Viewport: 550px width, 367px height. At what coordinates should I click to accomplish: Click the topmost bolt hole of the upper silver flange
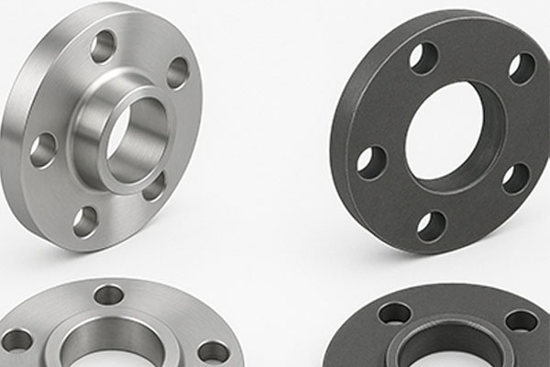click(x=104, y=46)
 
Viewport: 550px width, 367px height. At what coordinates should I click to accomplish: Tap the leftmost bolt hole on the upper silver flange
click(x=43, y=150)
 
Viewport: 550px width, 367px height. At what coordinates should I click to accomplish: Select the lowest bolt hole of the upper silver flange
click(x=85, y=220)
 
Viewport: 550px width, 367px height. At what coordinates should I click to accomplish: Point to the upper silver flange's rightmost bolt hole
click(x=178, y=72)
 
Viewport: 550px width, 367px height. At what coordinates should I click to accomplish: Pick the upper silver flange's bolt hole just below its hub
click(x=154, y=186)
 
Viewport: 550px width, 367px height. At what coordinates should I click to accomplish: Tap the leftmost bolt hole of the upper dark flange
click(x=371, y=162)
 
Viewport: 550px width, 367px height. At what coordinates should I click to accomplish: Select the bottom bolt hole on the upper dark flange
click(x=432, y=226)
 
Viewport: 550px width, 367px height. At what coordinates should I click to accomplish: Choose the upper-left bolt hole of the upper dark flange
click(x=423, y=58)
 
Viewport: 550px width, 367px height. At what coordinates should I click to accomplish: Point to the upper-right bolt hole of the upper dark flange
click(x=522, y=67)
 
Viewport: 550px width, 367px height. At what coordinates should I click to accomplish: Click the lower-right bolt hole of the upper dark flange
click(x=516, y=178)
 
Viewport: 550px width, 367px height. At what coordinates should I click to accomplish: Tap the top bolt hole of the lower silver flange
click(x=109, y=295)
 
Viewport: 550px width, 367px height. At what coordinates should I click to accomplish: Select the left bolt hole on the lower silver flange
click(x=16, y=340)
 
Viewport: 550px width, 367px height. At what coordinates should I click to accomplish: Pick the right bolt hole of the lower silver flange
click(x=214, y=350)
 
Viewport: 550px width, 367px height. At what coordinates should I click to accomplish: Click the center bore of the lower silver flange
click(x=115, y=353)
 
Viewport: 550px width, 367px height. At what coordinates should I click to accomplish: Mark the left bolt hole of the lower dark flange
click(x=394, y=314)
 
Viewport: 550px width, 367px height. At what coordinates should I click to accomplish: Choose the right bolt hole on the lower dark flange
click(x=522, y=320)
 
